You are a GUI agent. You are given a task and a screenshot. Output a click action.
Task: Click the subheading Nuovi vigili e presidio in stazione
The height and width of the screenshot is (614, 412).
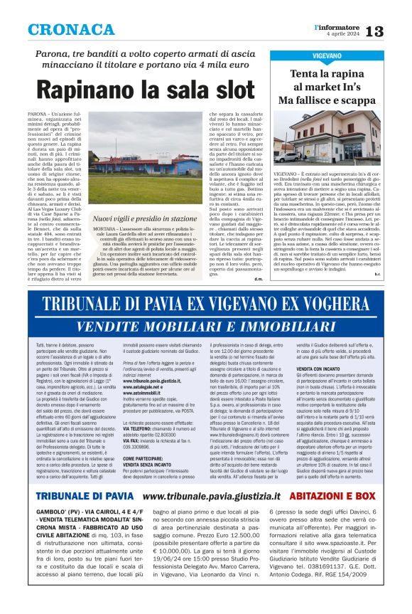pos(145,218)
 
